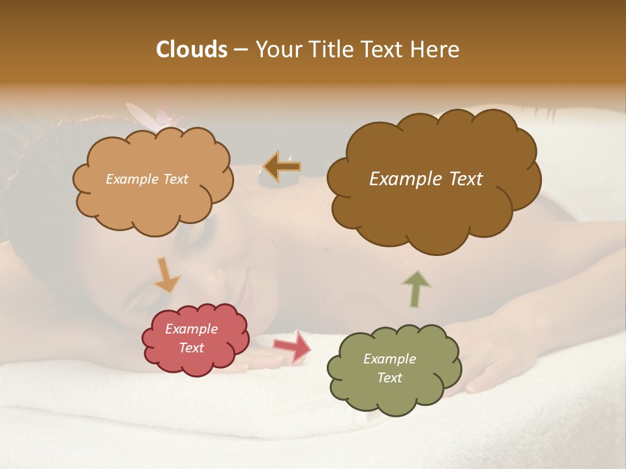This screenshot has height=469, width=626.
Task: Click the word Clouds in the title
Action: click(191, 50)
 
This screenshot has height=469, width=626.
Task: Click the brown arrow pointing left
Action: click(282, 167)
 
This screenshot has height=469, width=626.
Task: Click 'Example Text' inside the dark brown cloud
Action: click(426, 179)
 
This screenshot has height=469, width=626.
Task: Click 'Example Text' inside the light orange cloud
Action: click(147, 179)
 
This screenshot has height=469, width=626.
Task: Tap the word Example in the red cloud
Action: click(191, 329)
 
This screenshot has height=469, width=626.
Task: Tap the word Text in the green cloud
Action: click(389, 378)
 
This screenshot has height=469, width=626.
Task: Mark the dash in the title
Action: click(241, 50)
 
